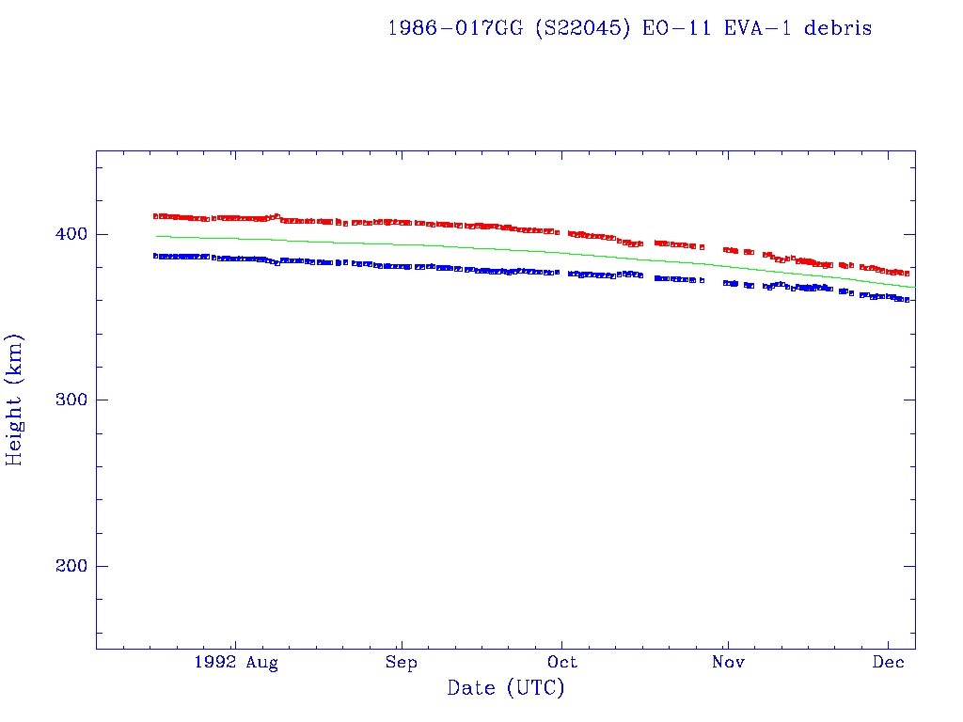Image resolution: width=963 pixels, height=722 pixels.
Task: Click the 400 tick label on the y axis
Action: point(70,234)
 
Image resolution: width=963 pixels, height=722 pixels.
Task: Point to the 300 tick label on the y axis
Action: point(70,400)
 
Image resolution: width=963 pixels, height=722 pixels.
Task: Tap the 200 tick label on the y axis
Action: point(70,567)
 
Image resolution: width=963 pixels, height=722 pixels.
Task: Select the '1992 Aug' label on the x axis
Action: point(236,663)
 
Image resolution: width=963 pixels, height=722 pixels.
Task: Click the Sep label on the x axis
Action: point(402,663)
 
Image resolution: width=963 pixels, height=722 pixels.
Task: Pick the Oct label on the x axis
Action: point(562,663)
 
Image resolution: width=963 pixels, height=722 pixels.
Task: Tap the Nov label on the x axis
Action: point(727,663)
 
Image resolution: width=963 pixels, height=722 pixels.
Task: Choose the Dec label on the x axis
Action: point(889,663)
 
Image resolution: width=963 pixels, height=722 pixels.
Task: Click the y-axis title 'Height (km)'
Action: point(15,400)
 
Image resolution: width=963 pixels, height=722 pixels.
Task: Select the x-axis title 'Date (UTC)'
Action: point(506,688)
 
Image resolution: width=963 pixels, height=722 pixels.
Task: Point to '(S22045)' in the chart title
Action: point(583,28)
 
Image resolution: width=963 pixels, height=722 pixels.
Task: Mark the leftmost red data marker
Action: point(156,216)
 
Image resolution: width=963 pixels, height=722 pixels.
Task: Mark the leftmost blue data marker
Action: point(156,256)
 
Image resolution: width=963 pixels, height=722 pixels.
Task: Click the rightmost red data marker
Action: point(907,273)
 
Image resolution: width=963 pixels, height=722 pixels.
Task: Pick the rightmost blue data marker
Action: point(907,299)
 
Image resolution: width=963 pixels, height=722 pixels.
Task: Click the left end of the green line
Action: point(156,236)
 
